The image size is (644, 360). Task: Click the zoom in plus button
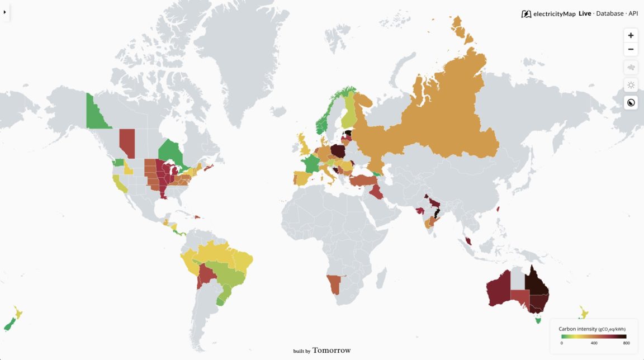coord(631,35)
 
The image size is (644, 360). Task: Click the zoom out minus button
coord(631,49)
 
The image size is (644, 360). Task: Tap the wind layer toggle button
coord(631,68)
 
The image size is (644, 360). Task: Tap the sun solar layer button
coord(631,85)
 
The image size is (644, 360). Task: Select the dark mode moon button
coord(631,102)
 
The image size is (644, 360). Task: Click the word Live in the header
coord(585,13)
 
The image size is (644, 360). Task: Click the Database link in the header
coord(609,13)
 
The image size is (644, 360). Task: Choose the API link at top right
coord(633,13)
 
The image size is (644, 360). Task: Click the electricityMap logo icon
coord(526,14)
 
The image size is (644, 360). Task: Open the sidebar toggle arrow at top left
coord(4,12)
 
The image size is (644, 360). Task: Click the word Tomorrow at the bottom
coord(332,350)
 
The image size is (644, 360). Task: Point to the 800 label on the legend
coord(626,343)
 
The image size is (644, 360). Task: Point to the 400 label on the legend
coord(594,343)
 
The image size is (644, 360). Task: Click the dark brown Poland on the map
coord(338,151)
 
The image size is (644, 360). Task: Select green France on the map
coord(310,165)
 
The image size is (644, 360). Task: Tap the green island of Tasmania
coord(538,320)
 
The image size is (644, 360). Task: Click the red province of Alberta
coord(127,143)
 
